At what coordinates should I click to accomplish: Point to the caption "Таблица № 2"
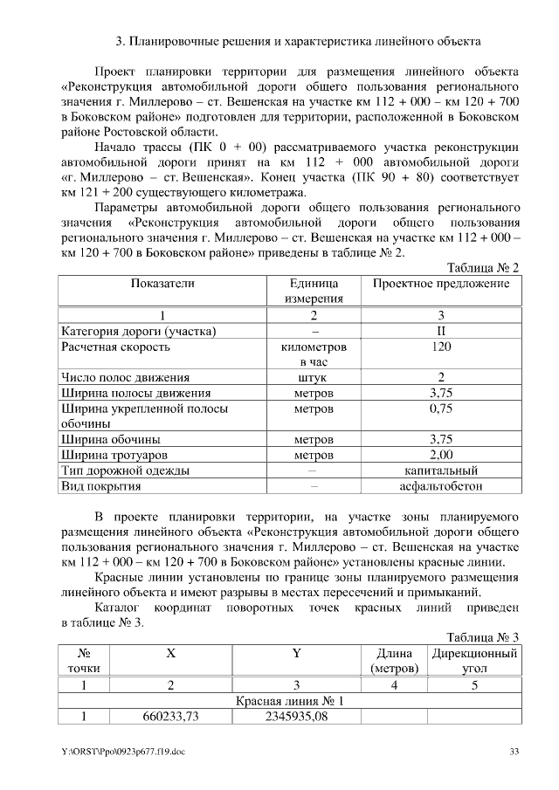483,268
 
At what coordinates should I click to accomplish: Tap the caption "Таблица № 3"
483,637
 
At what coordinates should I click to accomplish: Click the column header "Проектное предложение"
441,284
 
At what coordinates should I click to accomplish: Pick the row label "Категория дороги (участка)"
139,331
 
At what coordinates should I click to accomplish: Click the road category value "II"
441,331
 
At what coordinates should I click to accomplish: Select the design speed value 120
441,347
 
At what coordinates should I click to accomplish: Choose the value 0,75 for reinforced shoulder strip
441,409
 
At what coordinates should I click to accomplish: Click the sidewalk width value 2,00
441,455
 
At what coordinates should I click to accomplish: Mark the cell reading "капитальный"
441,471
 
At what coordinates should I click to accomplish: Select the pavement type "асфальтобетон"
441,486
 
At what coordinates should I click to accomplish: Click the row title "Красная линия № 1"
290,701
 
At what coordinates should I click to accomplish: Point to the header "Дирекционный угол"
474,661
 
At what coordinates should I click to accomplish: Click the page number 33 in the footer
514,751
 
